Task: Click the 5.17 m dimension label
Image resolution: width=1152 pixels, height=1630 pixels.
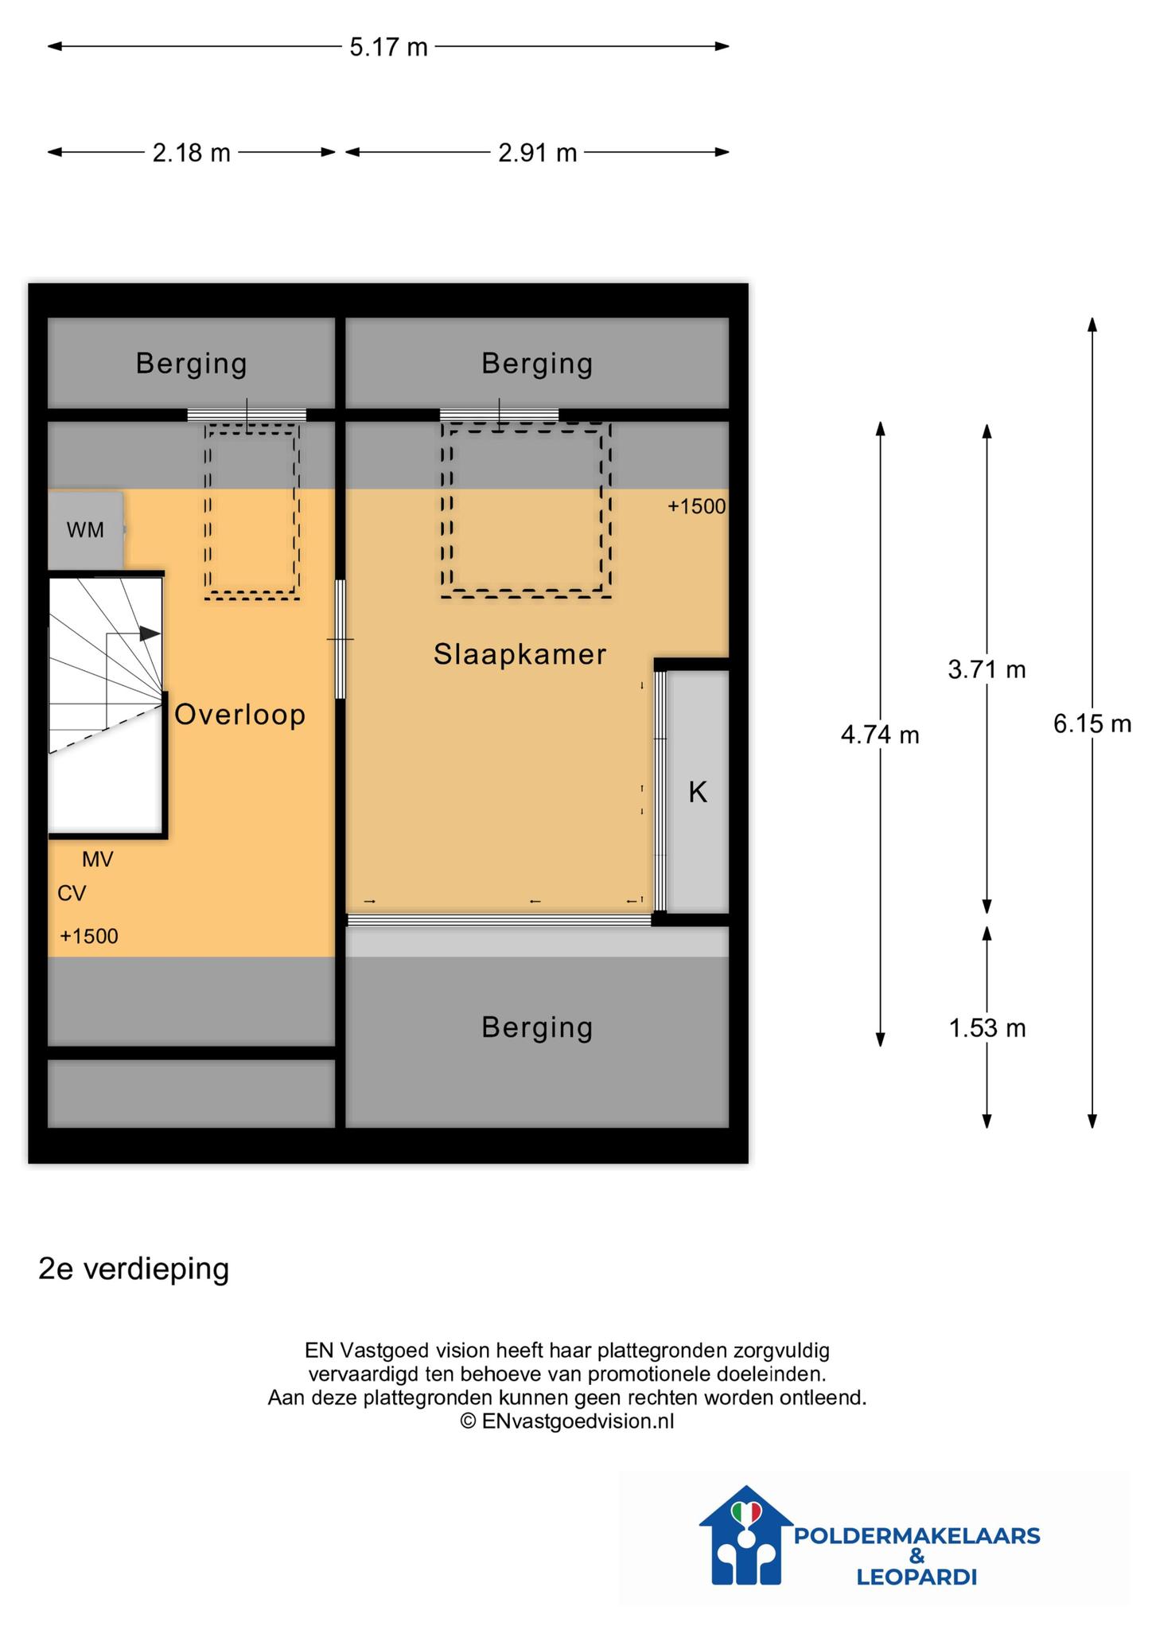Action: [x=388, y=47]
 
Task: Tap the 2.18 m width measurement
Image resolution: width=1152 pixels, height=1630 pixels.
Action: [x=191, y=152]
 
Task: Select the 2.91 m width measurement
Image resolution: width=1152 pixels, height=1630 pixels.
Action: [x=537, y=152]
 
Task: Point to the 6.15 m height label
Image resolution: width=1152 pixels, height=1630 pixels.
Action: [x=1092, y=723]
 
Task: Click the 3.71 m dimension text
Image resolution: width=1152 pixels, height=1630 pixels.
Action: [x=987, y=669]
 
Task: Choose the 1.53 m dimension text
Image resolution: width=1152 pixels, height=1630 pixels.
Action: [x=987, y=1028]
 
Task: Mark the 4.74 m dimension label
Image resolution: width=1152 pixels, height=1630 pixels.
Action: [x=880, y=735]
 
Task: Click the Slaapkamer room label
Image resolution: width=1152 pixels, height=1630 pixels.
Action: [x=520, y=654]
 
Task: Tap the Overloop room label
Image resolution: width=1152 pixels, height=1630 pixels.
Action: [x=240, y=715]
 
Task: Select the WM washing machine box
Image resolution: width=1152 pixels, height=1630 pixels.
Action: [x=86, y=529]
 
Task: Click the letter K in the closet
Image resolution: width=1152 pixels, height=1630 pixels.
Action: [x=698, y=792]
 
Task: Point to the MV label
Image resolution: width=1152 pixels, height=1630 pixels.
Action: [x=98, y=860]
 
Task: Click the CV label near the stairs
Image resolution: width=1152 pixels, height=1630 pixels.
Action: [x=72, y=894]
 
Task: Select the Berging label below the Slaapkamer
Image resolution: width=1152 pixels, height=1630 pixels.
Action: [x=537, y=1028]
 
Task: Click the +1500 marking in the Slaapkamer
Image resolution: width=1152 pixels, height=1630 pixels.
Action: [x=697, y=507]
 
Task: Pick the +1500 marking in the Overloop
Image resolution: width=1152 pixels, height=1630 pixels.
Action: [x=89, y=936]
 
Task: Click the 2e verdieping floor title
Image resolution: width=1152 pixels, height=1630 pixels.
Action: [x=134, y=1269]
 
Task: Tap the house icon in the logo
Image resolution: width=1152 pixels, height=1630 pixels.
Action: [x=746, y=1536]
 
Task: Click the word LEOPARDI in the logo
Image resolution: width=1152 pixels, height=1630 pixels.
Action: [x=917, y=1577]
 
